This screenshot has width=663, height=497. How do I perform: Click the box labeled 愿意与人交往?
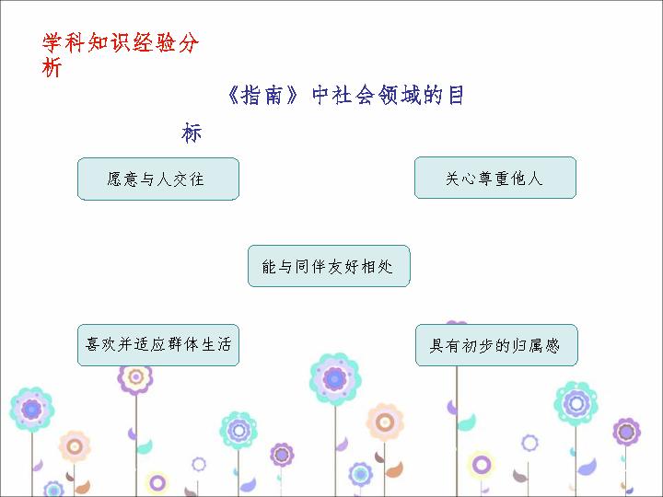pos(158,179)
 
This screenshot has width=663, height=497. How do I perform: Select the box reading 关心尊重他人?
pos(495,178)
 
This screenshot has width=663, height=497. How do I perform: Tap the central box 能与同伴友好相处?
pos(329,266)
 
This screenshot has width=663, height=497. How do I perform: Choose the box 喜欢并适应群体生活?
pos(158,345)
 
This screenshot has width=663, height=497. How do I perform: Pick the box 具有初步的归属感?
pos(496,345)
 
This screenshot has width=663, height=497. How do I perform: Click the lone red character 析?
pos(52,67)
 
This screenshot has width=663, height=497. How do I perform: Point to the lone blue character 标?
pos(192,133)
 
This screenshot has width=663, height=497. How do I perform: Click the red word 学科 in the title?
pos(64,43)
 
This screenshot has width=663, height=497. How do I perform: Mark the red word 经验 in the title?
pos(155,43)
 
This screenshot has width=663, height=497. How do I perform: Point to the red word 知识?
pos(109,43)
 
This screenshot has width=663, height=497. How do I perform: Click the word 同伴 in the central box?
pos(311,267)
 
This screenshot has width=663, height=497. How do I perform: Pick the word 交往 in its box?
pos(189,179)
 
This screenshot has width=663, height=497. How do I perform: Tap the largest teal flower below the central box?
pos(335,379)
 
